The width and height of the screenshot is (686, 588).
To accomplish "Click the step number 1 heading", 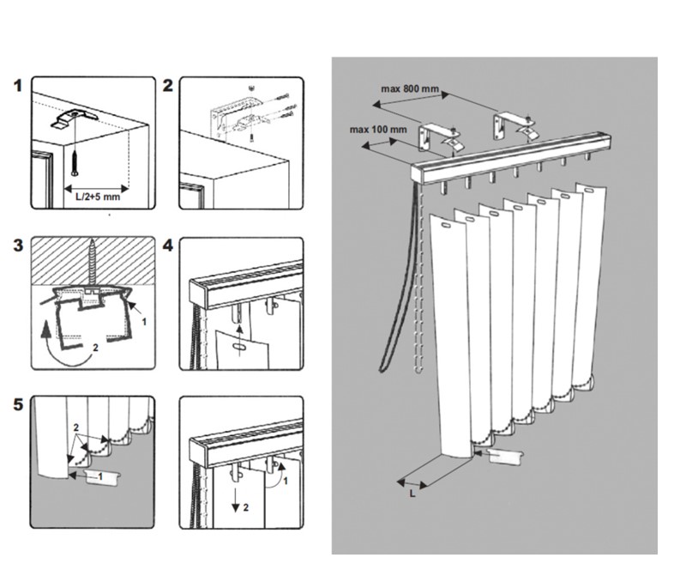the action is [18, 85].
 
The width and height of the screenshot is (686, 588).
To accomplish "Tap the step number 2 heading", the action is [167, 85].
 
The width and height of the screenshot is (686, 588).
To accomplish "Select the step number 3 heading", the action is [18, 246].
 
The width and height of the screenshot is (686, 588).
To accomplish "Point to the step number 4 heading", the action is [167, 246].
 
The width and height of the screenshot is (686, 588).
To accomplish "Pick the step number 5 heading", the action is [18, 404].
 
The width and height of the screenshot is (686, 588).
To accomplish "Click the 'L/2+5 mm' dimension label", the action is [98, 197].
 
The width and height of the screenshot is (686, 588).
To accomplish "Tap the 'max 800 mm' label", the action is [410, 89].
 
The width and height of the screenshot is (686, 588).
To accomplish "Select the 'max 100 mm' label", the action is [378, 130].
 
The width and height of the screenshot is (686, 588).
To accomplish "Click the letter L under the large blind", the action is [412, 494].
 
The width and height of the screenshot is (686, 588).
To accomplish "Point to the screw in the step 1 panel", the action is [75, 162].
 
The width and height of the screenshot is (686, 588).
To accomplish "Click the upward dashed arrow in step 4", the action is [239, 340].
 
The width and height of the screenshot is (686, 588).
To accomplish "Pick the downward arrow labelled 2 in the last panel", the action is [235, 500].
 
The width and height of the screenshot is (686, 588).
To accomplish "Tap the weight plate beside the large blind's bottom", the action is [505, 456].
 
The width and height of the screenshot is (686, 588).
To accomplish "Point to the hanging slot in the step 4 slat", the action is [240, 347].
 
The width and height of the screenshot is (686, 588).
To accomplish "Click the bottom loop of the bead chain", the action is [418, 369].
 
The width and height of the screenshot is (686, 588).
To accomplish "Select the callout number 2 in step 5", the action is [76, 427].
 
